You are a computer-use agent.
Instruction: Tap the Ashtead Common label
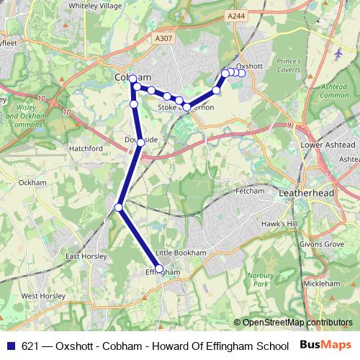click(334, 91)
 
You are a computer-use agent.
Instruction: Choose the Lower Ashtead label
click(323, 144)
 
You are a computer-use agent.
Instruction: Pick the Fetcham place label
click(250, 192)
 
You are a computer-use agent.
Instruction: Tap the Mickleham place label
click(321, 284)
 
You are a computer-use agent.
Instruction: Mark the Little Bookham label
click(181, 253)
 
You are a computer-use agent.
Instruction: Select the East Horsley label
click(86, 256)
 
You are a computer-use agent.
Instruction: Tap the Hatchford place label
click(86, 148)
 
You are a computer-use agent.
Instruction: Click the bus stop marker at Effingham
click(159, 269)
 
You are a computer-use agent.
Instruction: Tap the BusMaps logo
click(326, 345)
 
